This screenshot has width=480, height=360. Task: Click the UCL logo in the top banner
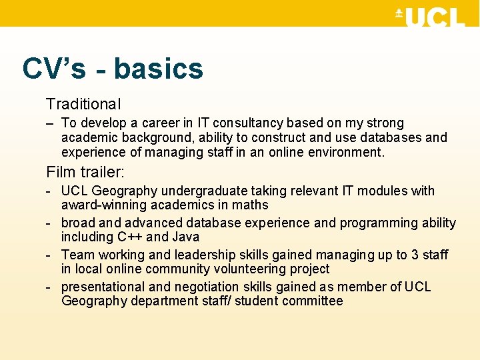[430, 16]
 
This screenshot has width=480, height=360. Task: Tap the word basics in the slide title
[158, 69]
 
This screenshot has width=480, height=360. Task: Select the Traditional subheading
[83, 104]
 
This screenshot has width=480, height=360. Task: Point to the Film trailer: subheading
[85, 172]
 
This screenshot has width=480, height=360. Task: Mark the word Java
[186, 237]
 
